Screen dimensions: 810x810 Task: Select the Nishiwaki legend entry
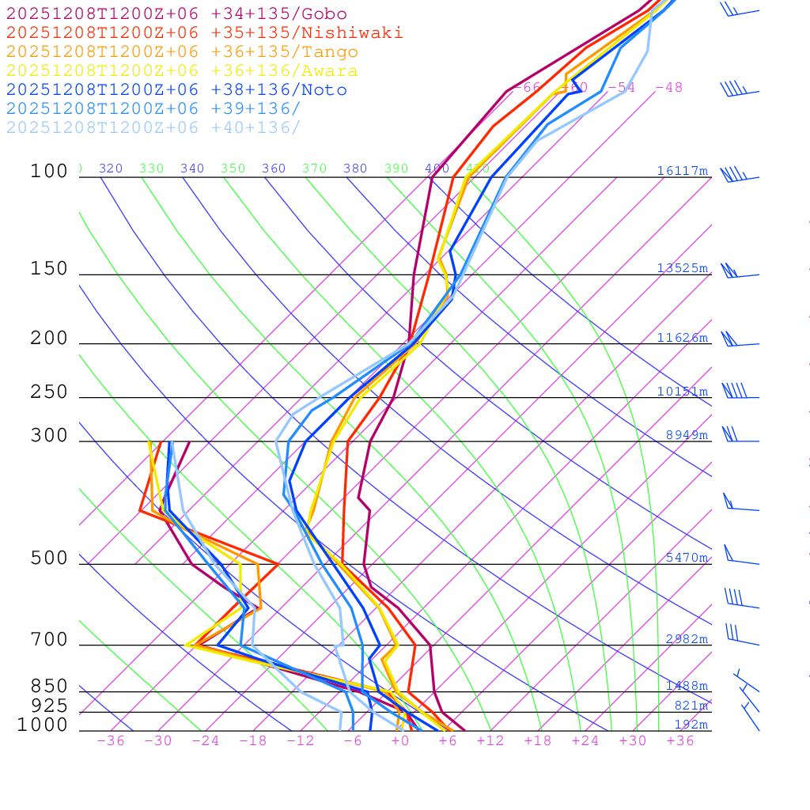(x=204, y=33)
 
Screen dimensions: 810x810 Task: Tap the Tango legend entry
(x=182, y=52)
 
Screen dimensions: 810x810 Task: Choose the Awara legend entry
(x=182, y=71)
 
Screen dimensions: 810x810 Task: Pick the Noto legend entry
(x=176, y=90)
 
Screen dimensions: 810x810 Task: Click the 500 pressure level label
(x=49, y=558)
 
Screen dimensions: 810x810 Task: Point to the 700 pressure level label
(x=49, y=640)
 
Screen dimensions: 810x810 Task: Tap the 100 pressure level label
(x=49, y=172)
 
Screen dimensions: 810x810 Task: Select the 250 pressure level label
(x=49, y=392)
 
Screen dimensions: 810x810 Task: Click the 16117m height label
(x=682, y=171)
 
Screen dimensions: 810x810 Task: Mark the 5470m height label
(x=686, y=558)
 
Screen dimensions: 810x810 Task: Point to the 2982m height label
(x=686, y=639)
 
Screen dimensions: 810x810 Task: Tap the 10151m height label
(x=682, y=392)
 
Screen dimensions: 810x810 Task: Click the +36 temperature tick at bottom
(x=680, y=741)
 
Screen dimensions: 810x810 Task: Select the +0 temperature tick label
(x=400, y=741)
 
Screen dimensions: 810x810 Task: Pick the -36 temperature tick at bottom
(x=110, y=741)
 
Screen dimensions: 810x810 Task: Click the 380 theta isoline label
(x=355, y=168)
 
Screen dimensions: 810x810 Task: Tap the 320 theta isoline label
(x=111, y=168)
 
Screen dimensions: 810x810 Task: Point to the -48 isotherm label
(x=668, y=88)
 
